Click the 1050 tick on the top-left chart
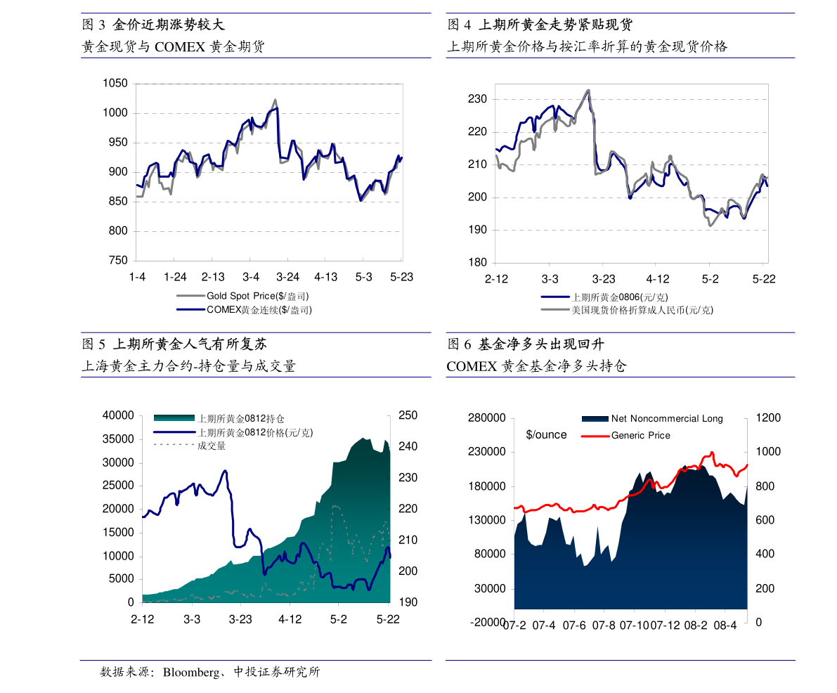(115, 84)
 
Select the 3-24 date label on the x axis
(288, 277)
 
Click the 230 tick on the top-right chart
(478, 99)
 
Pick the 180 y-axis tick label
(478, 263)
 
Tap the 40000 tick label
(118, 415)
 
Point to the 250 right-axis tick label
(408, 415)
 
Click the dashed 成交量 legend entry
(212, 446)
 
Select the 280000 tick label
(486, 418)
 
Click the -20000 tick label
(486, 623)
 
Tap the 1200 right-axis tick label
(767, 418)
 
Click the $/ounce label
(546, 435)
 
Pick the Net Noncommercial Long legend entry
(666, 419)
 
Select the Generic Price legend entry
(640, 436)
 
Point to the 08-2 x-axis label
(695, 626)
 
